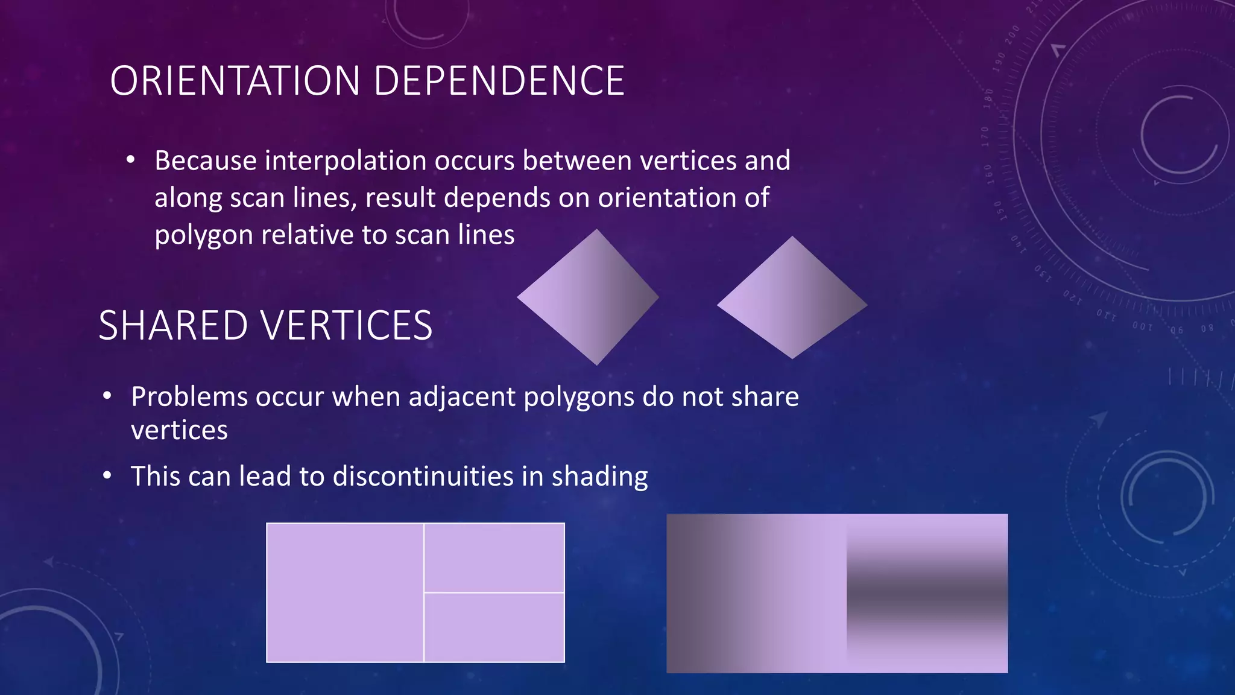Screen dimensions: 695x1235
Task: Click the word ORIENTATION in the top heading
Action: click(x=235, y=81)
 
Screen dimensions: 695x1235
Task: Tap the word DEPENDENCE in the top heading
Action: click(x=499, y=81)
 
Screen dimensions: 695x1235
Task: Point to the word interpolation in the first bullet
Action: click(x=345, y=161)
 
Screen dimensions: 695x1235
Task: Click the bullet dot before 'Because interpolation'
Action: click(x=130, y=160)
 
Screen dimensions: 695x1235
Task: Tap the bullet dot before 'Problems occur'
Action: click(x=107, y=396)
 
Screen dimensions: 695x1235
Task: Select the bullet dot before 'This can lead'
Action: click(x=107, y=476)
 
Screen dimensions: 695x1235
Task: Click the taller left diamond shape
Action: click(x=588, y=297)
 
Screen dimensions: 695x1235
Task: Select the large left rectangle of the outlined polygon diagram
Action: click(x=345, y=592)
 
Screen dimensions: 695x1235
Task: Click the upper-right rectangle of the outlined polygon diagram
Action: click(x=494, y=558)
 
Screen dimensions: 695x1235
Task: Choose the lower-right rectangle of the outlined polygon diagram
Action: click(x=494, y=627)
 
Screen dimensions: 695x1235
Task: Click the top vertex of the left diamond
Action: click(x=597, y=231)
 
